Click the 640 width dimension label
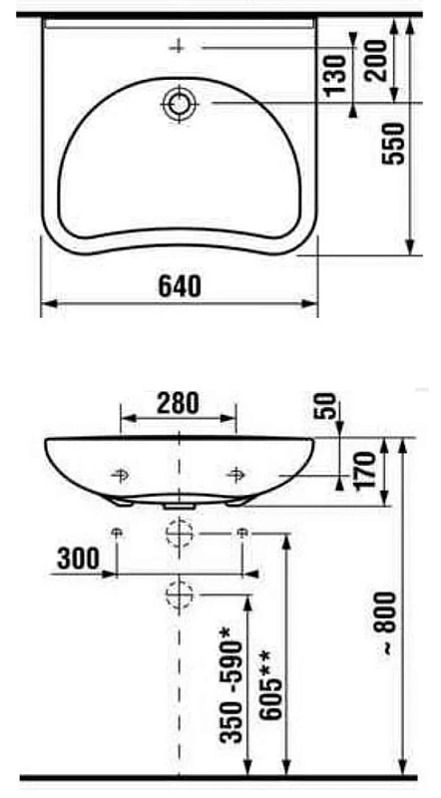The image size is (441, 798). coord(180,286)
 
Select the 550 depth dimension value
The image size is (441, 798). coord(394,144)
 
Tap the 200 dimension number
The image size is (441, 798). coord(376,61)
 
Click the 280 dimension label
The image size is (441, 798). coord(178,404)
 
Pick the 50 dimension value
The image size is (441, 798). coord(327,406)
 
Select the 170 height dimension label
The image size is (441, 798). coord(364,470)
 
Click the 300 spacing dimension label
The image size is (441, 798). coord(79,560)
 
